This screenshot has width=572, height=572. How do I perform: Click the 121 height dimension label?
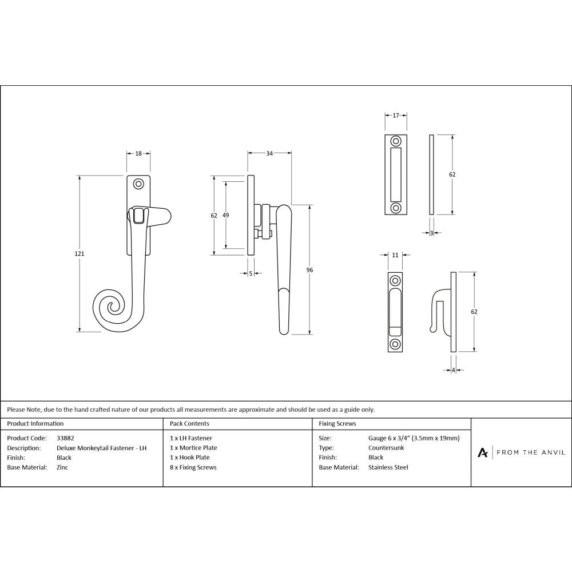point(80,253)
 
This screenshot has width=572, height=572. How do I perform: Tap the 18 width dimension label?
point(138,153)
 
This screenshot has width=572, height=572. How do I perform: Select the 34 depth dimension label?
point(270,153)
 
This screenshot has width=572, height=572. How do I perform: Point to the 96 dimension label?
point(309,269)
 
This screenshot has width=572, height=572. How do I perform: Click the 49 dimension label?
point(225,215)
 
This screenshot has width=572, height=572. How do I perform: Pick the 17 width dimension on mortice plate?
point(396,116)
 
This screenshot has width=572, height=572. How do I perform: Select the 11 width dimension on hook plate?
point(395,255)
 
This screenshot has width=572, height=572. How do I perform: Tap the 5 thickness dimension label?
point(251,274)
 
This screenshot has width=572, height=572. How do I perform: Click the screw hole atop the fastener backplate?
point(138,184)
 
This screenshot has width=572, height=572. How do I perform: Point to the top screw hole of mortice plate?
point(396,141)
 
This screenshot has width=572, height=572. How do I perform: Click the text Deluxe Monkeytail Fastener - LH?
point(101,448)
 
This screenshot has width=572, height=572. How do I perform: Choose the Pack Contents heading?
point(189,424)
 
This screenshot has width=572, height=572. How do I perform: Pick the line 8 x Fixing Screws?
point(193,467)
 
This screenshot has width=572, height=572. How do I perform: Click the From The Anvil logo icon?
point(483,452)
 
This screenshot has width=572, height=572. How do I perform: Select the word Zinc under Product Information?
point(63,467)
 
